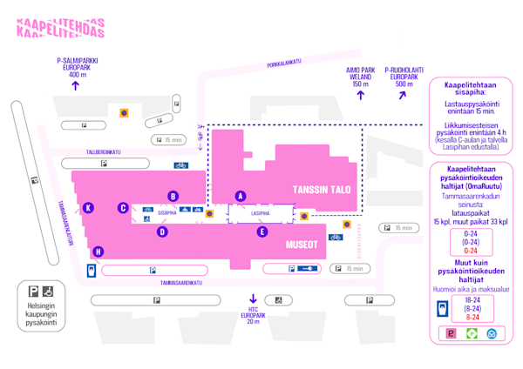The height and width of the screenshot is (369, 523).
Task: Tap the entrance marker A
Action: (241, 196)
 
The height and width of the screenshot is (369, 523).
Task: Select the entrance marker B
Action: (173, 196)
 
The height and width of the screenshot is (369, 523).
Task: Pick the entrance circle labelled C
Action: (124, 207)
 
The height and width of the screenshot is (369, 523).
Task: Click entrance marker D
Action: (162, 231)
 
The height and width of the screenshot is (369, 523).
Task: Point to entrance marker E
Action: (261, 231)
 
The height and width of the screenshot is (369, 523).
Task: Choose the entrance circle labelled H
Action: (98, 252)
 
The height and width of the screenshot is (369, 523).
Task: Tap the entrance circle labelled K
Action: (89, 207)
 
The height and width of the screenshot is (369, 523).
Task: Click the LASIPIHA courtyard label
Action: (259, 212)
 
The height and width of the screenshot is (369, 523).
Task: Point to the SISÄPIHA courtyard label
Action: (166, 211)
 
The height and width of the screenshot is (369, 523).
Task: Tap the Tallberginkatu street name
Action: (104, 151)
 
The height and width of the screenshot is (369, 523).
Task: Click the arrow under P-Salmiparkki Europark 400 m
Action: (75, 86)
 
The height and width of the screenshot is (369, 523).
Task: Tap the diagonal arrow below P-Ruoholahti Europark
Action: (403, 94)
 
